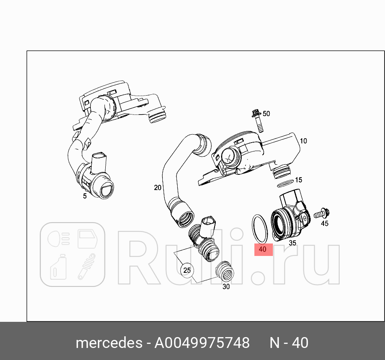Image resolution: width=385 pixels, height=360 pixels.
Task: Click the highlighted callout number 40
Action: (x=263, y=249)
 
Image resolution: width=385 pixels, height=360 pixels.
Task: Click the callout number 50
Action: (x=266, y=114)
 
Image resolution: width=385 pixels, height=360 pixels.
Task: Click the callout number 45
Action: (x=324, y=223)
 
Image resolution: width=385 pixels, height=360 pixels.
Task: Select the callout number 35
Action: (x=293, y=243)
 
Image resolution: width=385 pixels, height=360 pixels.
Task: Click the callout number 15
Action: (x=298, y=180)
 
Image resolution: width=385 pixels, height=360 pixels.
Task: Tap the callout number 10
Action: (x=303, y=141)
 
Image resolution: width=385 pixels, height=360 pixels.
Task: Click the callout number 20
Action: (x=157, y=187)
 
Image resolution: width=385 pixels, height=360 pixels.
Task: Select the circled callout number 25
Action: (x=187, y=270)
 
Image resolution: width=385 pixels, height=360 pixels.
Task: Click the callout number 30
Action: (x=226, y=286)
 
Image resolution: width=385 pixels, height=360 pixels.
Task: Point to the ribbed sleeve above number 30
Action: (x=225, y=272)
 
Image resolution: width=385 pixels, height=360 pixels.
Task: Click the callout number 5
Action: (x=85, y=196)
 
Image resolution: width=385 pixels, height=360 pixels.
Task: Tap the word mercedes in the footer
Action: (x=108, y=343)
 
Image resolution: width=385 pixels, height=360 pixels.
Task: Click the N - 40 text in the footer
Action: (x=289, y=343)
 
